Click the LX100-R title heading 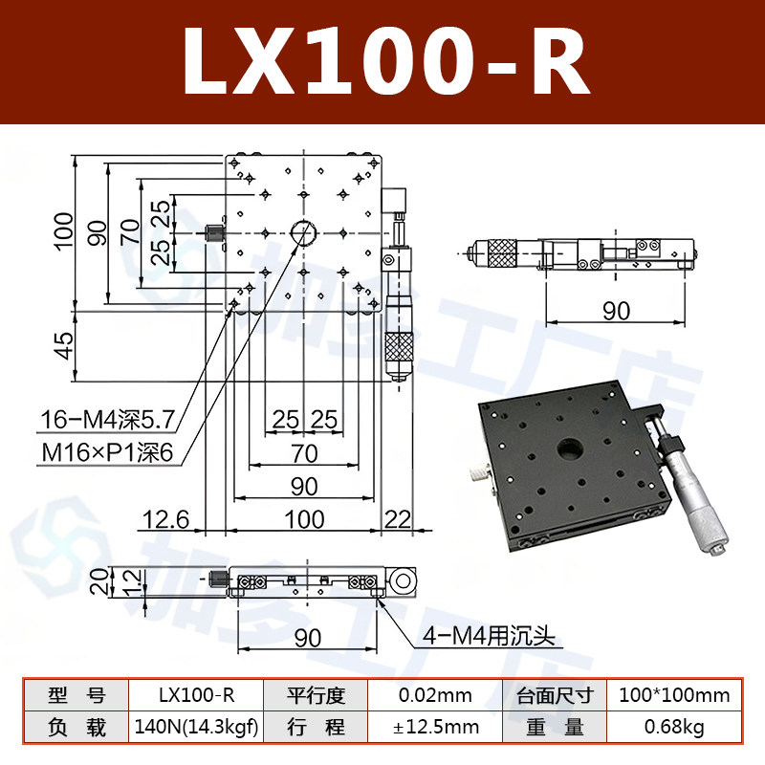pyautogui.click(x=386, y=61)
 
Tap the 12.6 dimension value pyautogui.click(x=165, y=519)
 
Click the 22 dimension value pyautogui.click(x=398, y=519)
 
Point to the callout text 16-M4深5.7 pyautogui.click(x=107, y=420)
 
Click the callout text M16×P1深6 pyautogui.click(x=107, y=452)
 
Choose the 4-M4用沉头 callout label pyautogui.click(x=489, y=636)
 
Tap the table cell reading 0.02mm pyautogui.click(x=435, y=695)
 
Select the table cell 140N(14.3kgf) pyautogui.click(x=196, y=727)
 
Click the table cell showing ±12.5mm pyautogui.click(x=435, y=727)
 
